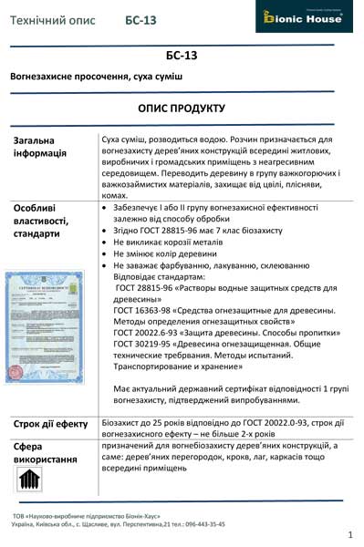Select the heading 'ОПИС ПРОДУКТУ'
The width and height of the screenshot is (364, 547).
point(182,108)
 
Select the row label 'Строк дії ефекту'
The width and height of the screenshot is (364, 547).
point(51,424)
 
